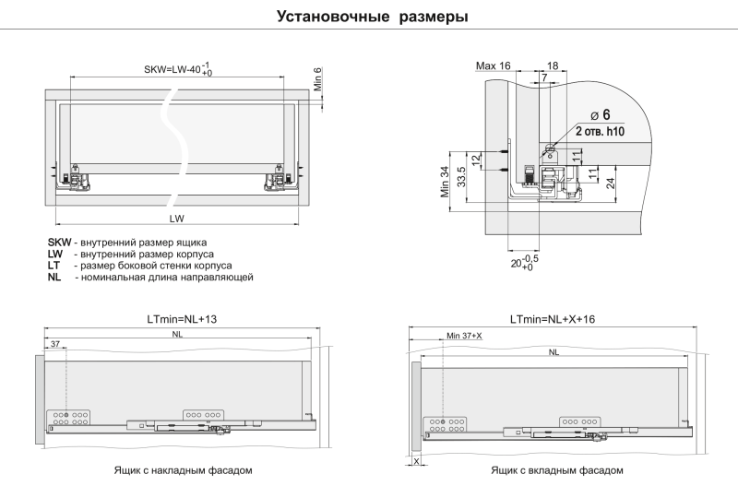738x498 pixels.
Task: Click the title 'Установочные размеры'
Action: pos(373,17)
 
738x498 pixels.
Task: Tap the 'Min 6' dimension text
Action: pos(318,79)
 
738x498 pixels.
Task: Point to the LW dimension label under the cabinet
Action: pos(177,219)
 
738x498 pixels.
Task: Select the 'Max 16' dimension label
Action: pos(494,65)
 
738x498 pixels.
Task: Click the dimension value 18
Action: pos(553,65)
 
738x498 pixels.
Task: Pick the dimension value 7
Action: pos(544,77)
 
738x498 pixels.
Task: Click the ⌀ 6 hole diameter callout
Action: pos(600,114)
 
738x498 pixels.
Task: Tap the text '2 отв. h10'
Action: pos(601,131)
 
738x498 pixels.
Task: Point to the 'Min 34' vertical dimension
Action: pos(446,182)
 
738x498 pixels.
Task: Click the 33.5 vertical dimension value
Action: pos(462,177)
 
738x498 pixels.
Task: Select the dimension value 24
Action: pos(611,184)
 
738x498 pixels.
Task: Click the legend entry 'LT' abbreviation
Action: pos(54,266)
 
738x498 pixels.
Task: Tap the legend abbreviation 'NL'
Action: pos(54,277)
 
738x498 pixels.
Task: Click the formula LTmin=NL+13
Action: pos(182,319)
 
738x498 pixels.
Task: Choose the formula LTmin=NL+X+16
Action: pos(553,319)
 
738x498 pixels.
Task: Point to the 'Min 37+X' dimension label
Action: pos(465,336)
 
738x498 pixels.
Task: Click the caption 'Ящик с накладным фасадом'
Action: pos(183,470)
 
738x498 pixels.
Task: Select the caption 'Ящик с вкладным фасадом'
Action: pos(557,470)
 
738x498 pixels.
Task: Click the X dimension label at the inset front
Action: pos(416,462)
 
